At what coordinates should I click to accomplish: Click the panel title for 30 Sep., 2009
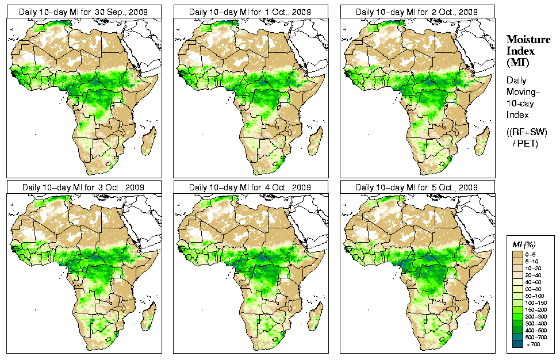pos(84,12)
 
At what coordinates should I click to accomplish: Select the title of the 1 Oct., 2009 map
pos(251,12)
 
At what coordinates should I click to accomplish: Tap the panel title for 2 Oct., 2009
pos(417,12)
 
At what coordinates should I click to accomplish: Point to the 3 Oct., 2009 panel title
pos(84,187)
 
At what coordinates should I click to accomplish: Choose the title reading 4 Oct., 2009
pos(251,187)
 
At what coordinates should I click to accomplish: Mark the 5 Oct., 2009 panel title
pos(417,187)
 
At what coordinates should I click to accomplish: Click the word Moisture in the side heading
pos(528,39)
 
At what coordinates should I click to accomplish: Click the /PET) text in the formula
pos(526,143)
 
